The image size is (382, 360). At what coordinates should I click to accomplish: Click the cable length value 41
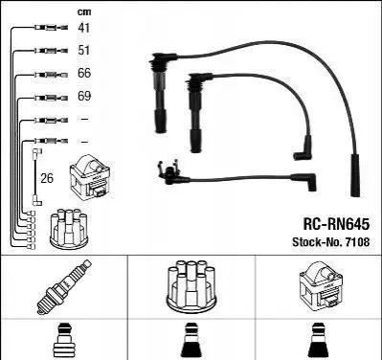click(x=84, y=28)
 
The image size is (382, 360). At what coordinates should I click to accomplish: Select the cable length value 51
click(x=84, y=51)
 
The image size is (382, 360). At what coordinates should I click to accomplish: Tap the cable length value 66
click(x=84, y=73)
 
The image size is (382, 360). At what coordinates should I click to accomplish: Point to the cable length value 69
click(x=84, y=96)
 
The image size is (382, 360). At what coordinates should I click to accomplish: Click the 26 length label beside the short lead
click(x=47, y=178)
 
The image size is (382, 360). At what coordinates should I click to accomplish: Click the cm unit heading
click(x=84, y=12)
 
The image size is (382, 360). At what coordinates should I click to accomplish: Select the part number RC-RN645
click(x=336, y=224)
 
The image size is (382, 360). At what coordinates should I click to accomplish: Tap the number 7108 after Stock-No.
click(x=356, y=242)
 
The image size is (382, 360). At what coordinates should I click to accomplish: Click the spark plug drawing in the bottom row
click(x=64, y=287)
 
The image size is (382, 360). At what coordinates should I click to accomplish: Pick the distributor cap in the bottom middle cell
click(x=191, y=286)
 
